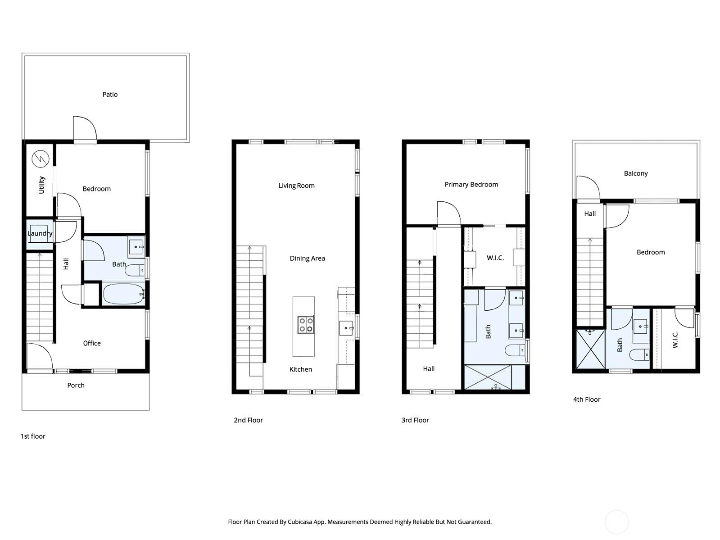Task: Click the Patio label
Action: (x=110, y=95)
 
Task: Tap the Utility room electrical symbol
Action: (x=41, y=159)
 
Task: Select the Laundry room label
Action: (x=40, y=234)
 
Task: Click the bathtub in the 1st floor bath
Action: (x=124, y=294)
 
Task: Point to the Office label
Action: (x=92, y=343)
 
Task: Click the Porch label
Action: (x=76, y=385)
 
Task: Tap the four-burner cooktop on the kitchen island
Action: (x=306, y=324)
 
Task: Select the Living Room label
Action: (x=297, y=186)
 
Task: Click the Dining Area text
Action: (x=308, y=259)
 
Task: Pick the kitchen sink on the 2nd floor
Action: (x=346, y=328)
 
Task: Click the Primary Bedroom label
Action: (x=471, y=185)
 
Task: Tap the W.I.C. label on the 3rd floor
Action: (x=495, y=258)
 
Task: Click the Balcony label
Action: (x=636, y=173)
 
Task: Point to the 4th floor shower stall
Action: (x=590, y=349)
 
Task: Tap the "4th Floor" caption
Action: (x=587, y=399)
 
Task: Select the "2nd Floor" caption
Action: (x=248, y=420)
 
